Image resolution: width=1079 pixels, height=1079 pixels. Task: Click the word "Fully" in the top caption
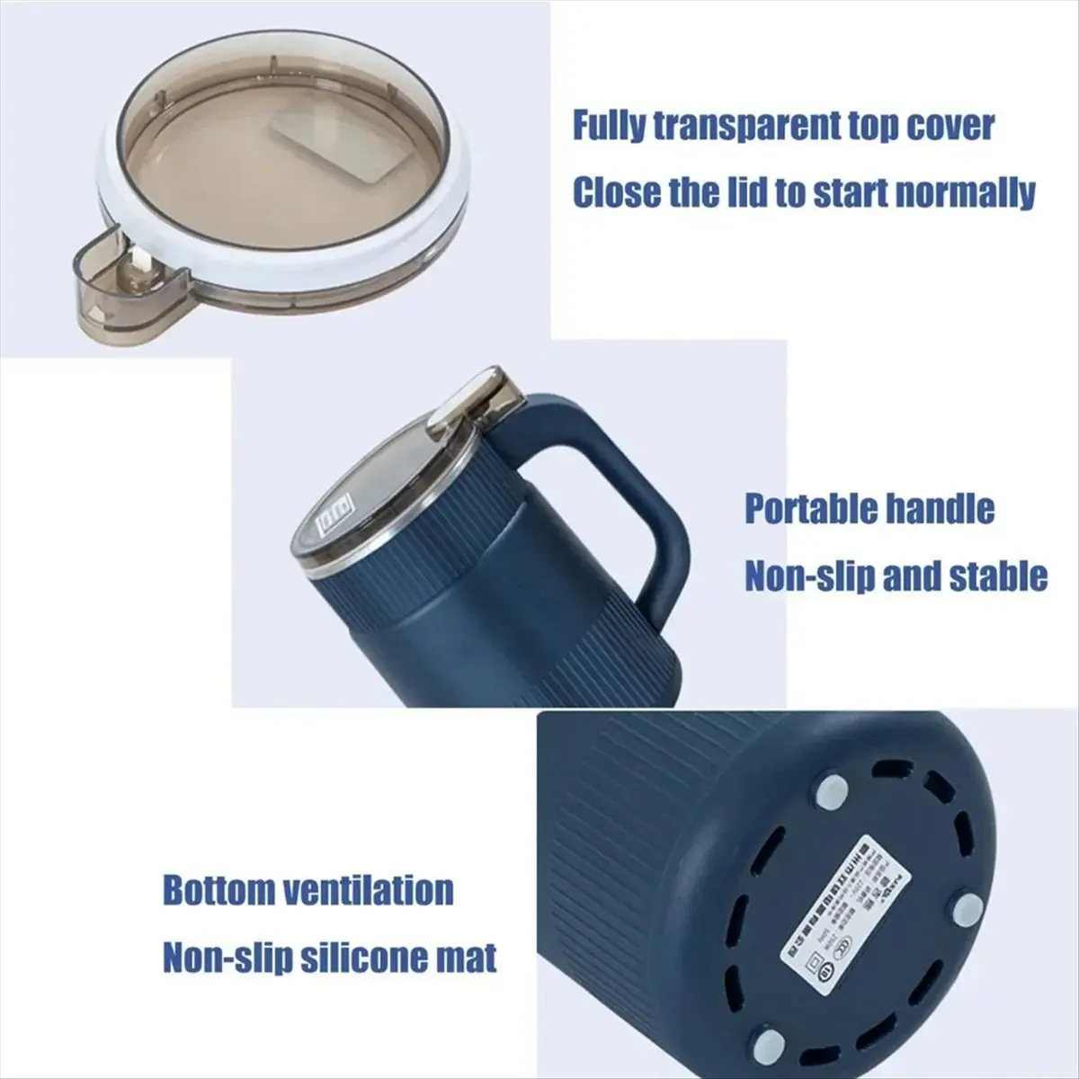click(x=609, y=126)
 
